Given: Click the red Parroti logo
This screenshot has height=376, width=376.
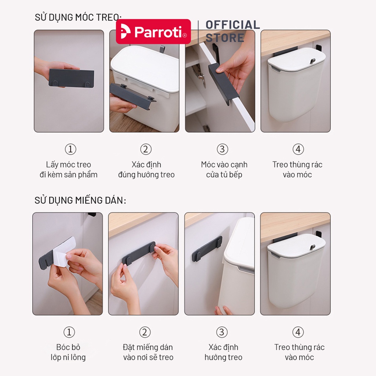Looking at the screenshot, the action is (x=153, y=32).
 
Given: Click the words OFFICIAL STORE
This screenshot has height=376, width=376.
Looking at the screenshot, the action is (x=232, y=32).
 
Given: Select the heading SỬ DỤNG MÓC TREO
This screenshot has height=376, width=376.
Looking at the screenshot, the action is (x=78, y=17).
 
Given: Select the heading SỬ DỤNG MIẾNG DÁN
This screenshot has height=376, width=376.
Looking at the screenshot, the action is (x=80, y=200).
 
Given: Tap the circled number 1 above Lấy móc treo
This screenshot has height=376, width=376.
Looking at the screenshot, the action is (x=70, y=149).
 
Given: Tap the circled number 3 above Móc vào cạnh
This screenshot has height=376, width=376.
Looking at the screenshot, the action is (x=222, y=149).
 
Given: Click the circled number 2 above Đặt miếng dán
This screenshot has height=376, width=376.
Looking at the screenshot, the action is (x=145, y=332).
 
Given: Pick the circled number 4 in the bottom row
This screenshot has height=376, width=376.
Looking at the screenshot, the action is (x=298, y=332).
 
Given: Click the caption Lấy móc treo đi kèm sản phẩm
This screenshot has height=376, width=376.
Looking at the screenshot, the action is (x=69, y=170).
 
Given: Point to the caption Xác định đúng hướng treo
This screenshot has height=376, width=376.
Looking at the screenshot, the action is (x=146, y=170).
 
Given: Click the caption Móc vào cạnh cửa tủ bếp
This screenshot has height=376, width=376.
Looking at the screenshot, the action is (x=224, y=170).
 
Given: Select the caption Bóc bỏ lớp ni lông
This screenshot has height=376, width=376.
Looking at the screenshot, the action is (x=68, y=352).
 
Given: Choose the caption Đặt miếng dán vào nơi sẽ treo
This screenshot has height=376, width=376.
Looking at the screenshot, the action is (x=148, y=352).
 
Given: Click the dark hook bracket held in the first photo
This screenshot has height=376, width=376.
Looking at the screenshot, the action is (x=71, y=78).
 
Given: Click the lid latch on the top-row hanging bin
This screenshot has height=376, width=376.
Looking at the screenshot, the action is (x=312, y=61).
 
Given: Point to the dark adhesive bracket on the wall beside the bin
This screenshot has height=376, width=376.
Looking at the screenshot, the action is (x=207, y=249).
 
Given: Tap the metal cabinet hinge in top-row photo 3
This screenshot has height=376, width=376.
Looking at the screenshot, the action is (x=200, y=76).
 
